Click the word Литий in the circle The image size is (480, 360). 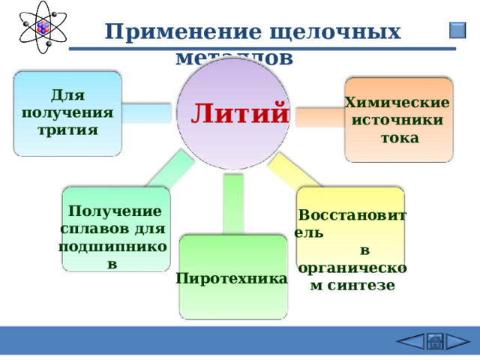(239, 113)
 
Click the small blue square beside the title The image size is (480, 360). (457, 31)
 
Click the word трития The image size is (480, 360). (67, 129)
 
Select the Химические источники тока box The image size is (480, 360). (398, 120)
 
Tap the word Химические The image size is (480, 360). (397, 103)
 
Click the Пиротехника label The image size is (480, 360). (232, 278)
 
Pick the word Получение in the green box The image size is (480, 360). (114, 211)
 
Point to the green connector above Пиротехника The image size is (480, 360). (233, 204)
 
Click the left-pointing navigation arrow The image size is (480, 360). (411, 341)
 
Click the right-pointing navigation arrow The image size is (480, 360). (456, 341)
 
